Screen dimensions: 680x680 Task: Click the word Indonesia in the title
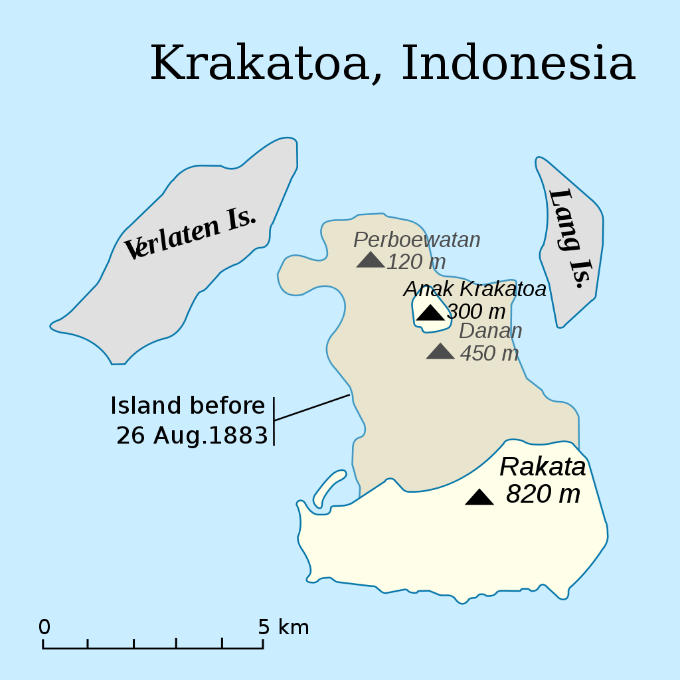(518, 64)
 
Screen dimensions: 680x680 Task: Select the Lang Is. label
(569, 238)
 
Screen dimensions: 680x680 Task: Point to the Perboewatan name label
(416, 240)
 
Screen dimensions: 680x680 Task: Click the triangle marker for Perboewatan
(370, 260)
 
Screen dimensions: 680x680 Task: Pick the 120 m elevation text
(416, 262)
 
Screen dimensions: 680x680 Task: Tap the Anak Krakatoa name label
(475, 289)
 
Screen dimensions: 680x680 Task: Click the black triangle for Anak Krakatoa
(430, 313)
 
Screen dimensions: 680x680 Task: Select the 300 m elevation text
(476, 311)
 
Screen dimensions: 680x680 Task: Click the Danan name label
(490, 331)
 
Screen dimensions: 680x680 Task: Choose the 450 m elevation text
(489, 353)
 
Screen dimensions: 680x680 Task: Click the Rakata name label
(543, 467)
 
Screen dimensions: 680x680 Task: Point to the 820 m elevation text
(543, 494)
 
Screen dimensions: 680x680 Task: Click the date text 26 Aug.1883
(192, 436)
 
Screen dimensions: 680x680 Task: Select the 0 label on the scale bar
(44, 627)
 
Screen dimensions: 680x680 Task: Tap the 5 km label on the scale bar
(284, 627)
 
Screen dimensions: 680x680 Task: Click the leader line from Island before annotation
(312, 407)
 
